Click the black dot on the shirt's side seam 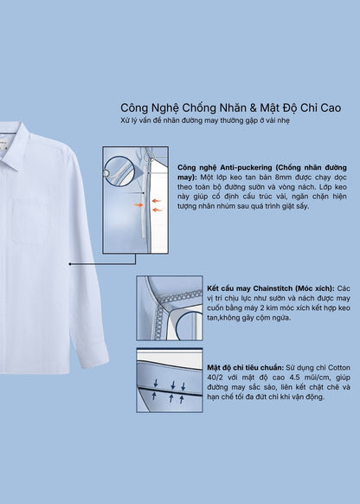68,260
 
